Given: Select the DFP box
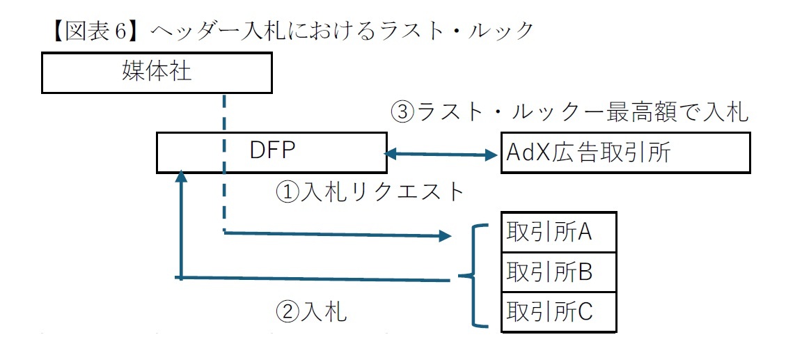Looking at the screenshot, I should pos(271,152).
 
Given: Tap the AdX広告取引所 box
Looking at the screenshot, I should pos(625,152).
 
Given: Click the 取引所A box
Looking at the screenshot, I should pos(558,233).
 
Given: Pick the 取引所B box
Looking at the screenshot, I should pos(558,272).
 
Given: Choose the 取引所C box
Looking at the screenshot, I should pos(558,311).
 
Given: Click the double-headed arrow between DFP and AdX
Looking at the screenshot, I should pos(442,155).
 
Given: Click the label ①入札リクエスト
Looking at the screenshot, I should pos(370,191).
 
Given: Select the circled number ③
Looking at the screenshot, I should pos(403,111).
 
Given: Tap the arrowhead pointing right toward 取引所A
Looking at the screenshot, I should pos(446,237).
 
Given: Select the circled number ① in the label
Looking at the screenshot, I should pos(288,191).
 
